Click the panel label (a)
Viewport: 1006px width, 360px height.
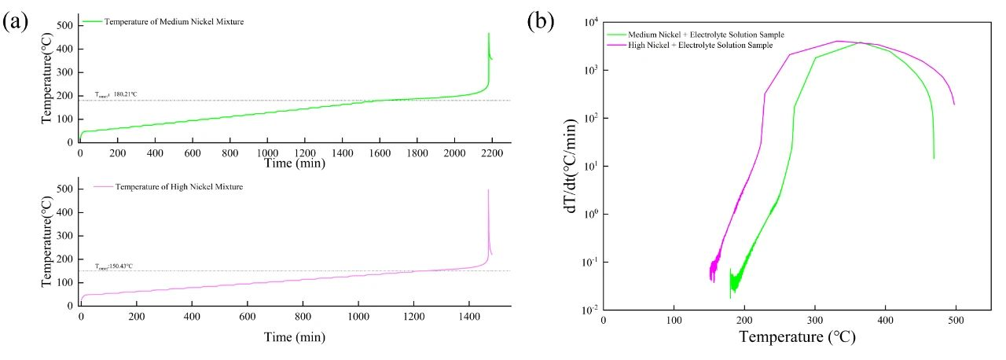point(17,21)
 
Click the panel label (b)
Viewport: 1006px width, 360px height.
point(542,21)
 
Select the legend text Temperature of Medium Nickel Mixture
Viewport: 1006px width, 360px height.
point(174,21)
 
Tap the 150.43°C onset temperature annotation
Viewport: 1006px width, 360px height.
point(114,266)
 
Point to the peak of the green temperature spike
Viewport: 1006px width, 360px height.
point(489,34)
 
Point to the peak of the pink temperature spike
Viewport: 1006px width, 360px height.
point(489,189)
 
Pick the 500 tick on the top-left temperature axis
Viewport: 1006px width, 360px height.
point(65,25)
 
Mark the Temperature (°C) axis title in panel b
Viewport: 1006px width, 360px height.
point(797,338)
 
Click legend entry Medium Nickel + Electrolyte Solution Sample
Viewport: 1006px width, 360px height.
point(706,35)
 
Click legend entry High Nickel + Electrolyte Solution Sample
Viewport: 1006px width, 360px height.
point(700,46)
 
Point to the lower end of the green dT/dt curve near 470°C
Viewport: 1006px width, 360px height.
point(934,159)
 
